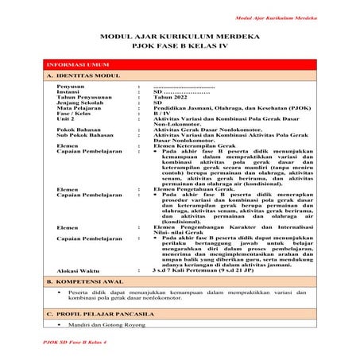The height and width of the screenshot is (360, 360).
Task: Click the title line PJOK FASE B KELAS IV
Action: (x=180, y=47)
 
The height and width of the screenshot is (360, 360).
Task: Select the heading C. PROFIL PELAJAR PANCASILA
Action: (x=100, y=315)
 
